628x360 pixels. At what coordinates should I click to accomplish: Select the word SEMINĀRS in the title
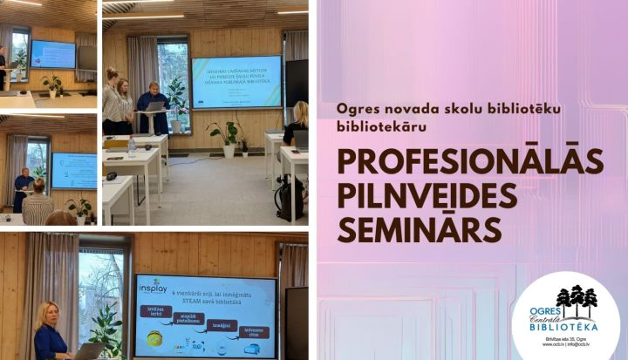(x=420, y=228)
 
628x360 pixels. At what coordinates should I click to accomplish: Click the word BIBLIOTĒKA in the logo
(x=566, y=326)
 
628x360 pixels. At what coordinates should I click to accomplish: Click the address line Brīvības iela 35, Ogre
(x=566, y=337)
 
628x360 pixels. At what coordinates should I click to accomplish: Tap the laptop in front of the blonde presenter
(x=88, y=351)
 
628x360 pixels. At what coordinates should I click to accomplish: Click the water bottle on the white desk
(x=132, y=148)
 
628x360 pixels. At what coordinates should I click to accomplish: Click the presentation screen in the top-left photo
(x=52, y=54)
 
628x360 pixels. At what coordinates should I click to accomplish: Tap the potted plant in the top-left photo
(x=52, y=85)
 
